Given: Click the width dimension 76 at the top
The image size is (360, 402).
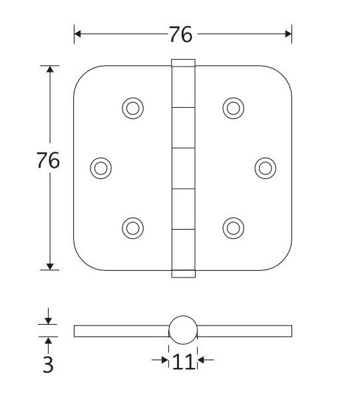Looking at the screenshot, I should pos(180,34).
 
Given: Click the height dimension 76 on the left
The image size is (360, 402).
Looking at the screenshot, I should pos(49,160).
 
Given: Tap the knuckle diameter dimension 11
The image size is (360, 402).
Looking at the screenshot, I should pos(183,361).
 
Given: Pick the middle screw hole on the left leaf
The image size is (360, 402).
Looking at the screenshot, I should pos(100,168).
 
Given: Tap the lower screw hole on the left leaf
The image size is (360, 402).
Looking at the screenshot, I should pos(133,228).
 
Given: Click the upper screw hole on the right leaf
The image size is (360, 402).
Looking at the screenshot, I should pos(233,108).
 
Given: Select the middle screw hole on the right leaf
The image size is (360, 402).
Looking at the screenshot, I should pos(266,168).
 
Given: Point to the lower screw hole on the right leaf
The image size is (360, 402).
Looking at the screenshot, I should pos(233,228).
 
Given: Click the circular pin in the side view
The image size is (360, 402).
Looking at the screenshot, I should pos(183,331).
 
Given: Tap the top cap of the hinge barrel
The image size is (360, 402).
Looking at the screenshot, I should pos(183,63).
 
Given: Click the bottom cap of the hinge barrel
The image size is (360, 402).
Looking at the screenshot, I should pos(183,273).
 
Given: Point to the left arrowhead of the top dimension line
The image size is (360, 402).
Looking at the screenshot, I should pos(78,33).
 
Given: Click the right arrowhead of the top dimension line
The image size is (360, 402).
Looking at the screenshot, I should pos(288,33).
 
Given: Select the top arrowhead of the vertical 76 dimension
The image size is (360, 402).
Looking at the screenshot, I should pos(49,69).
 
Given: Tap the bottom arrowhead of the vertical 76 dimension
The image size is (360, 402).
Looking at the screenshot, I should pos(49,266).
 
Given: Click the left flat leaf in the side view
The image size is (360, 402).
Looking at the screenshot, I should pos(120,331).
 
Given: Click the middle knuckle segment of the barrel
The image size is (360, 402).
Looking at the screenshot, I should pos(183,168).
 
